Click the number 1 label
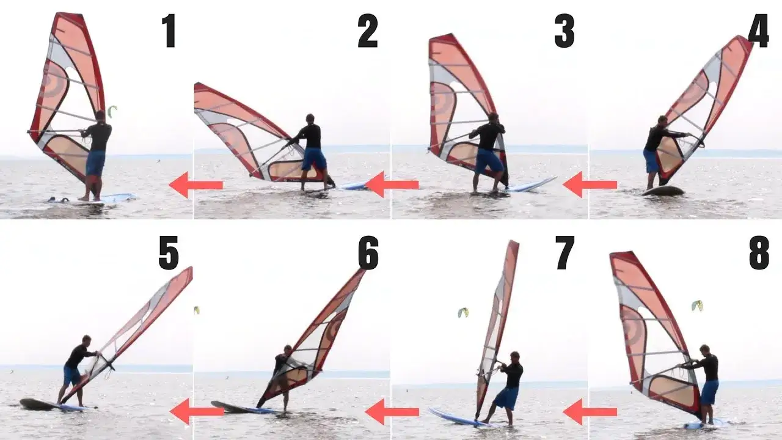[x=169, y=31]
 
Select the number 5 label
[x=169, y=253]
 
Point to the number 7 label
[x=565, y=253]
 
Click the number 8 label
[x=759, y=253]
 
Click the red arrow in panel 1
[x=195, y=185]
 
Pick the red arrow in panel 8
[x=590, y=411]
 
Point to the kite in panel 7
[x=463, y=312]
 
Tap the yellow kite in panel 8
[x=697, y=305]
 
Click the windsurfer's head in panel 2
[x=310, y=118]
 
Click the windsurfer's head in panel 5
[x=87, y=340]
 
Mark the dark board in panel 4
[x=663, y=191]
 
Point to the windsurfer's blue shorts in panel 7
[x=506, y=398]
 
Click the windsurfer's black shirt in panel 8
[x=709, y=367]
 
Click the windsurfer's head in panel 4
[x=662, y=120]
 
